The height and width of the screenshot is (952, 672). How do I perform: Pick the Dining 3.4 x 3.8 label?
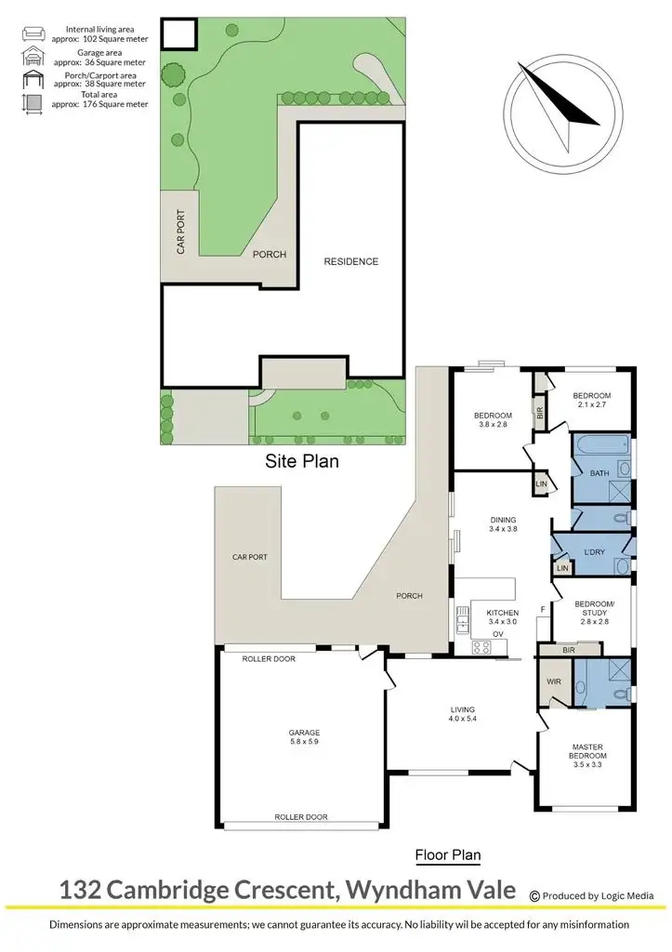[x=503, y=525]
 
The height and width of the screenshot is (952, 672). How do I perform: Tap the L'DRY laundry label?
[x=594, y=552]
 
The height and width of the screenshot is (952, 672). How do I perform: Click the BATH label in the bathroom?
[x=600, y=473]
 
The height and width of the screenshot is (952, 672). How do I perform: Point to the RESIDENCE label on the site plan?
[x=350, y=261]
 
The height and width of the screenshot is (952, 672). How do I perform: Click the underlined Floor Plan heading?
[x=447, y=854]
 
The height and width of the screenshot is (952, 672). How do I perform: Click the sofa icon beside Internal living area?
[x=33, y=34]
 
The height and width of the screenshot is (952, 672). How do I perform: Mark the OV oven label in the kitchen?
[x=497, y=635]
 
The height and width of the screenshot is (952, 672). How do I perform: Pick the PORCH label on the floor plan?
[x=409, y=596]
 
